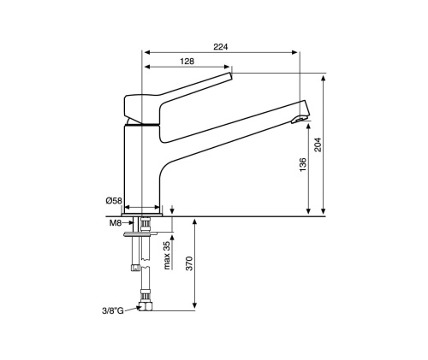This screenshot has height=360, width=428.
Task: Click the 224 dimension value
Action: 221,47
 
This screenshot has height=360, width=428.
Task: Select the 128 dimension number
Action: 187,62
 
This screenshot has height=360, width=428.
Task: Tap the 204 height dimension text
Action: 318,145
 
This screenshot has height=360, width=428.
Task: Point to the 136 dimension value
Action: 303,164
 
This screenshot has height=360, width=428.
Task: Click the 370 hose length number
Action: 189,263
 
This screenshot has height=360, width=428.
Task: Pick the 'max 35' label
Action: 167,255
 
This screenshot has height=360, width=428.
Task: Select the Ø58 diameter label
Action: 114,201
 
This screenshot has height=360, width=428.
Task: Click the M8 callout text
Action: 116,223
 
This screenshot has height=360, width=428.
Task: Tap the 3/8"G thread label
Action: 113,310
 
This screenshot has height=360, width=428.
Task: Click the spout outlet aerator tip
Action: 300,120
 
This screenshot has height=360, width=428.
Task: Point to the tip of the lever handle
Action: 229,75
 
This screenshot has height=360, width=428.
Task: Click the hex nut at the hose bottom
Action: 146,306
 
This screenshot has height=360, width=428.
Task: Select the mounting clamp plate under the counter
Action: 140,234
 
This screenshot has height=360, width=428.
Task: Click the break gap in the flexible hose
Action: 146,263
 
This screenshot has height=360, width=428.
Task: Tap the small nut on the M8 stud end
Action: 135,268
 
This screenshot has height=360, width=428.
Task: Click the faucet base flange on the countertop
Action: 142,215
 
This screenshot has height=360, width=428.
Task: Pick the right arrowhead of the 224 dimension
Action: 294,52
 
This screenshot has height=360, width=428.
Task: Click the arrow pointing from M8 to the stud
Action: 128,223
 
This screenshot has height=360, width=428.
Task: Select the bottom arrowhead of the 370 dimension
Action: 195,305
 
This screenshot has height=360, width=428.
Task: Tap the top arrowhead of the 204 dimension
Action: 324,79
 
